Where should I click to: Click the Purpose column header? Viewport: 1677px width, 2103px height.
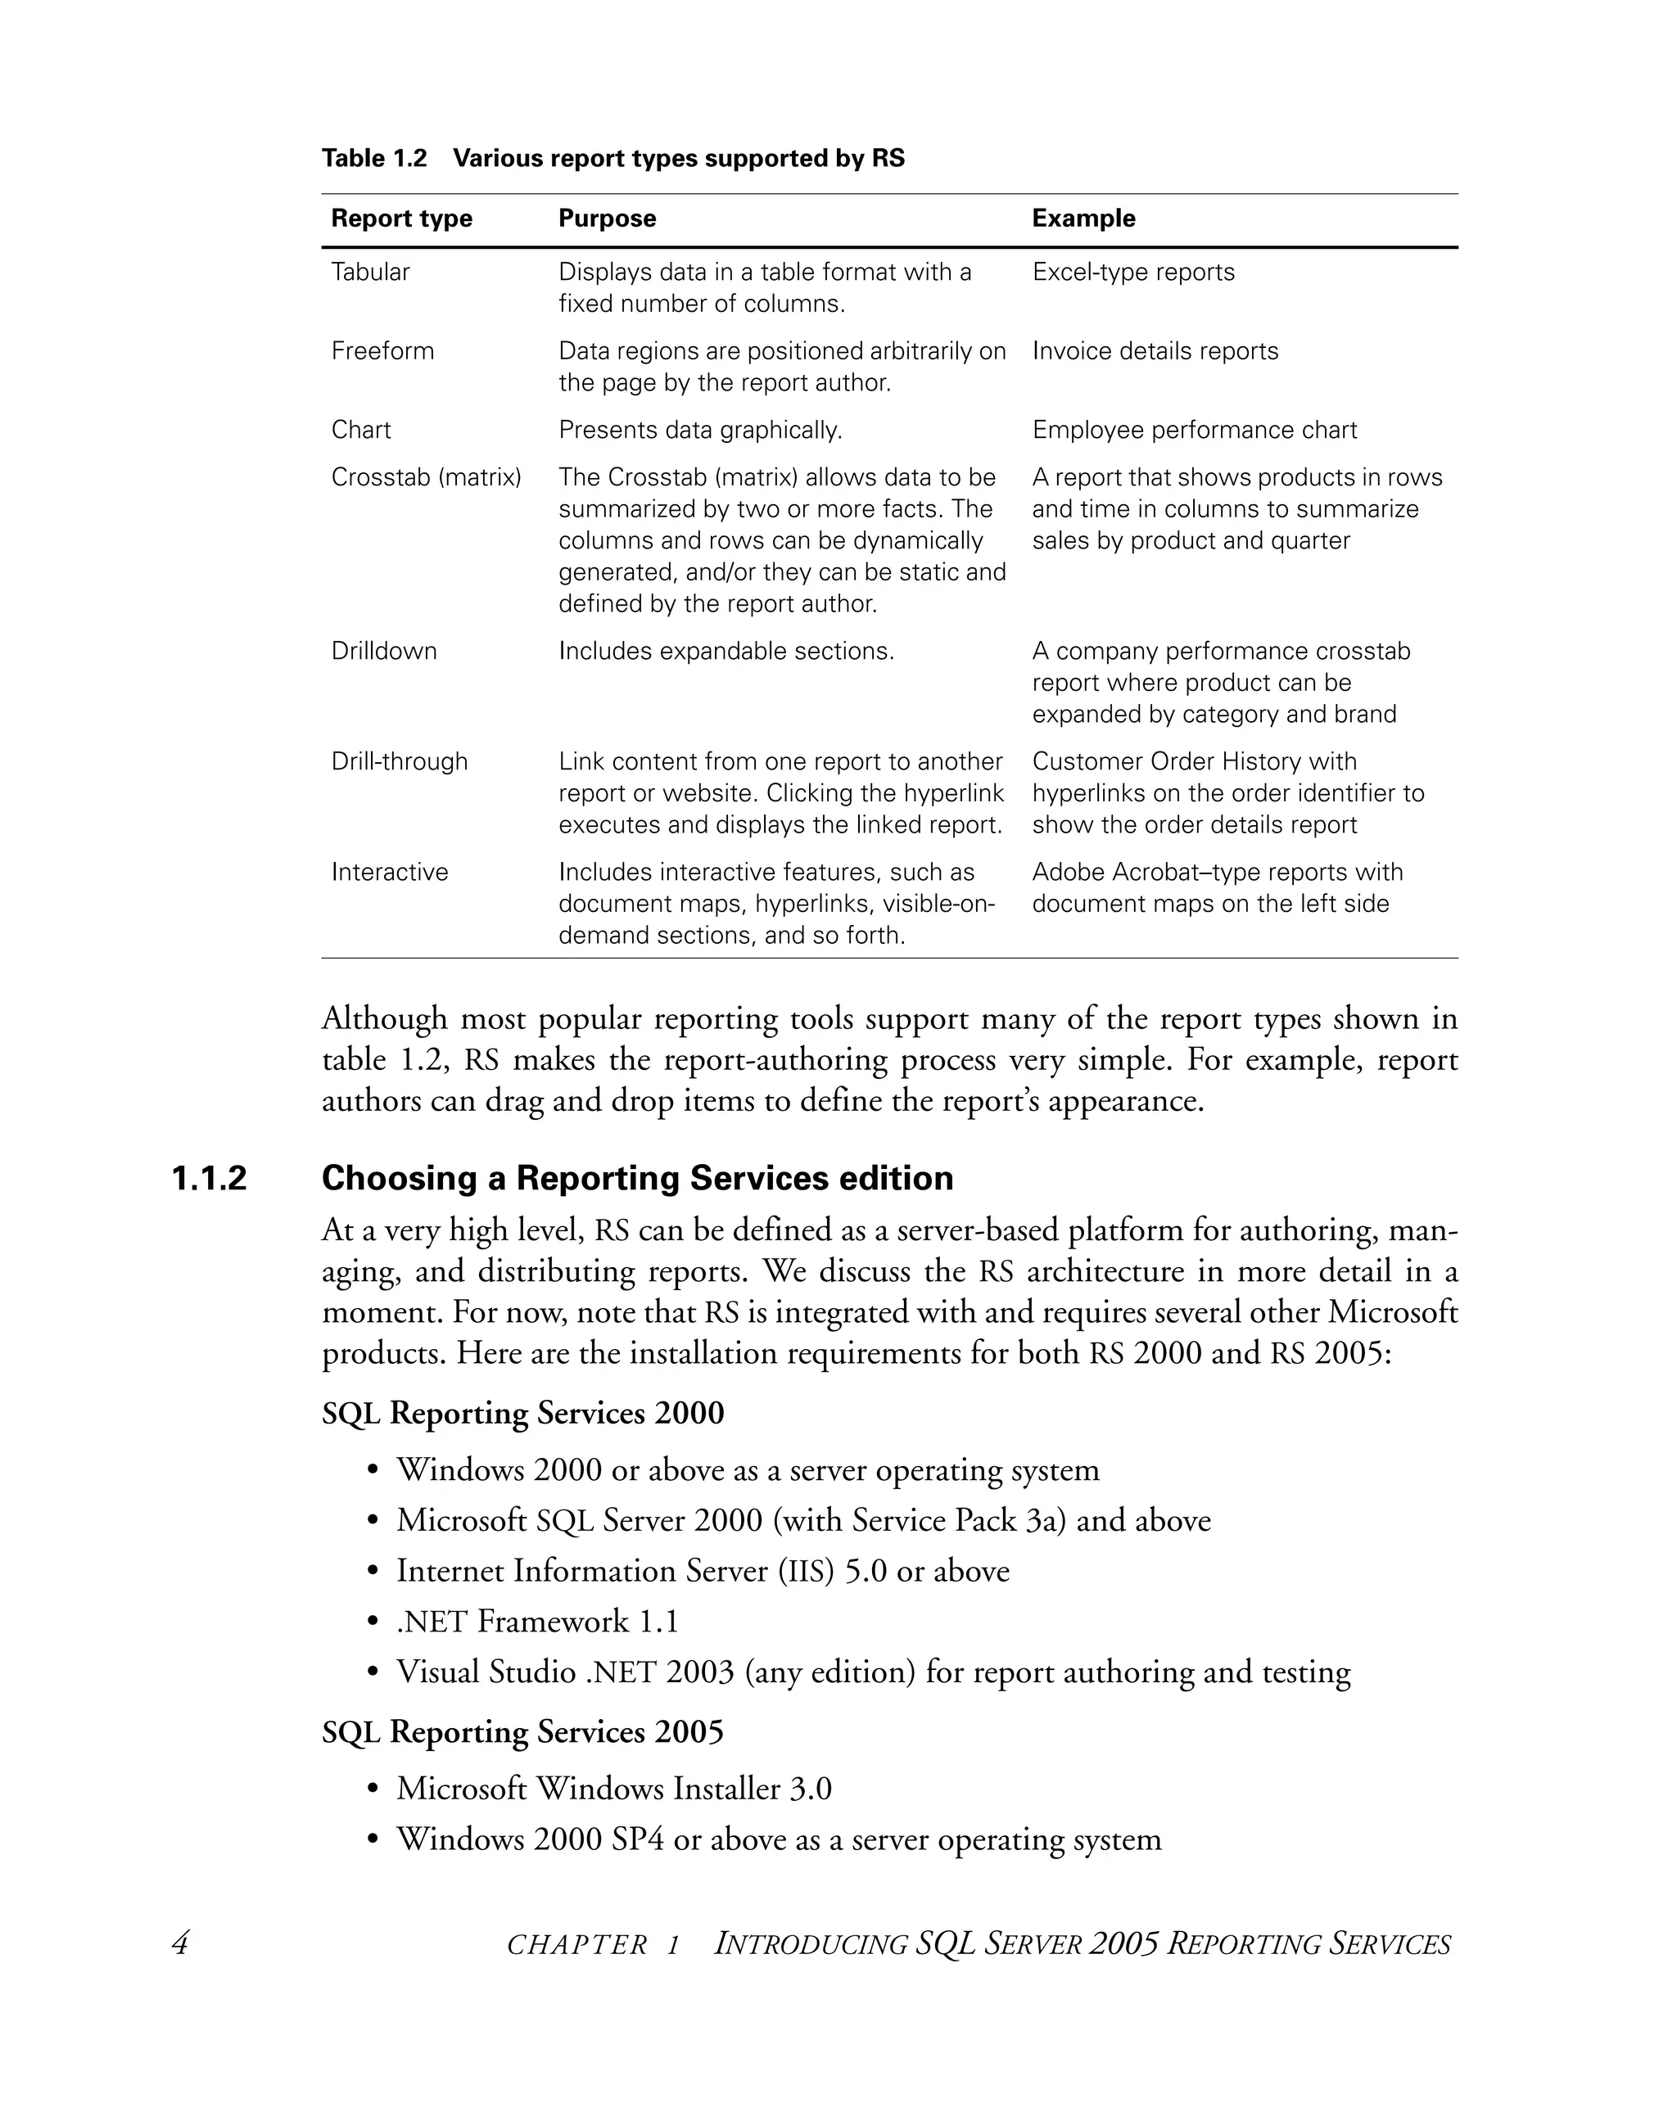point(607,219)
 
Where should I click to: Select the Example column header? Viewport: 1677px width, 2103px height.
point(1083,219)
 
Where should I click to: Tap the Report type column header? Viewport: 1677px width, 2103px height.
point(401,219)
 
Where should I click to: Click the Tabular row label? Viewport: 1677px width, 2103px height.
point(370,272)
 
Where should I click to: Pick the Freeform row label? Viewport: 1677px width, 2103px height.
point(382,351)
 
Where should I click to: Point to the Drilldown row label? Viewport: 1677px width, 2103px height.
point(383,652)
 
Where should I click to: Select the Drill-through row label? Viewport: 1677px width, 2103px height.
point(399,762)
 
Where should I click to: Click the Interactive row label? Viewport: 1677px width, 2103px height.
point(389,872)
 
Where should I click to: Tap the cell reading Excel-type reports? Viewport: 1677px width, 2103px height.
point(1132,272)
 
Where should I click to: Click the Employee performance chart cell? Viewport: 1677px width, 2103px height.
point(1194,430)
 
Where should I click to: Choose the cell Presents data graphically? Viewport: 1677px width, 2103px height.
point(699,430)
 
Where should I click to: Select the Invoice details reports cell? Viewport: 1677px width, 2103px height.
point(1154,351)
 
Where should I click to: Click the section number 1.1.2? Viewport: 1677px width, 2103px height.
point(209,1178)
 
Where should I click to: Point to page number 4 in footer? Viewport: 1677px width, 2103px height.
point(179,1944)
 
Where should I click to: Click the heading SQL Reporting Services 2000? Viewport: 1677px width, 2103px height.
point(523,1414)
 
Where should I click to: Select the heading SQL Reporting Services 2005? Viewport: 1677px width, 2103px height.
point(523,1732)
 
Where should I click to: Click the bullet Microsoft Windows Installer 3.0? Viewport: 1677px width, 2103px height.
point(613,1789)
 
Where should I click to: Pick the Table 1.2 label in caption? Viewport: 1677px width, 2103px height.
point(374,158)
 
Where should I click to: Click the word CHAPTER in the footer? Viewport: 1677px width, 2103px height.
point(576,1946)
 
